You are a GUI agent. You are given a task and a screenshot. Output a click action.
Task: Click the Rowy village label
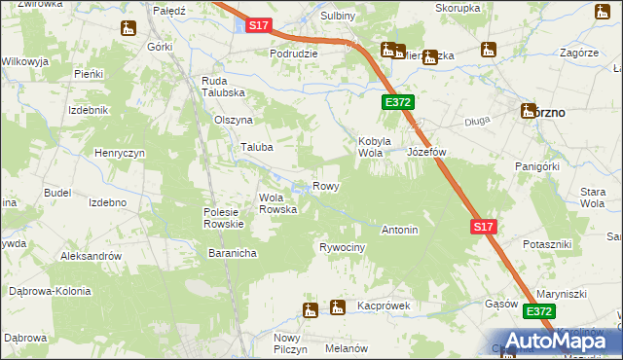tap(325, 186)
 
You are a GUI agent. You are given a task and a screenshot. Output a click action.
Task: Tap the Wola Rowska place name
tap(277, 203)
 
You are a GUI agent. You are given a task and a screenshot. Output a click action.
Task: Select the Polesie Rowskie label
tap(228, 218)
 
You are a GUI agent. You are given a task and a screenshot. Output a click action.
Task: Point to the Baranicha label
tap(232, 253)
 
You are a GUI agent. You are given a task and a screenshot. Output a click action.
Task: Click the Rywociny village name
tap(342, 248)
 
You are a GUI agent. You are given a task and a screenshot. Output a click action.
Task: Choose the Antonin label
tap(400, 231)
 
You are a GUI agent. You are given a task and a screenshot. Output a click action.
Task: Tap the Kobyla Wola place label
tap(375, 147)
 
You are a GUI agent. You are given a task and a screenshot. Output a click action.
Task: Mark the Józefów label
tap(426, 153)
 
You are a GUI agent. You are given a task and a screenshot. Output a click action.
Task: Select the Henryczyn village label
tap(120, 154)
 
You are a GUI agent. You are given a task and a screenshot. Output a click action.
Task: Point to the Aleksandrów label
tap(91, 256)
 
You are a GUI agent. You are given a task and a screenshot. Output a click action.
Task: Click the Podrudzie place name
tap(294, 54)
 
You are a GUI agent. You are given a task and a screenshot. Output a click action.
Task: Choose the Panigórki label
tap(536, 166)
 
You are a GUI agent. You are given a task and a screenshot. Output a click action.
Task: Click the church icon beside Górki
tap(128, 29)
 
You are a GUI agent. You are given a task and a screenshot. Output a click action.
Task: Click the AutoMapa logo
tap(564, 340)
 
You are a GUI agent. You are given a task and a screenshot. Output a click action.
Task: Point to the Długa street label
tap(477, 122)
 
